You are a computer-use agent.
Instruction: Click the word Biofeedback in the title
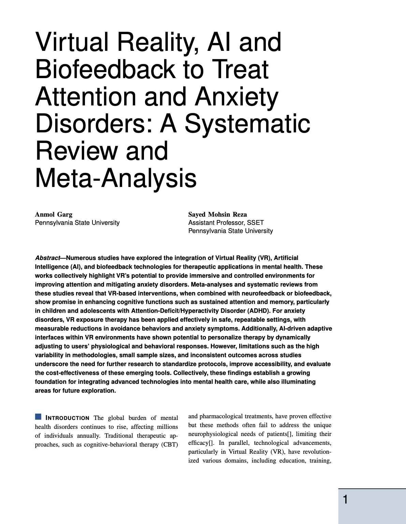click(104, 69)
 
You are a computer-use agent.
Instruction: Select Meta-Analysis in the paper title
click(116, 178)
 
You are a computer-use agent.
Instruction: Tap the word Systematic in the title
click(247, 123)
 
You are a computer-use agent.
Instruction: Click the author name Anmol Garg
click(54, 214)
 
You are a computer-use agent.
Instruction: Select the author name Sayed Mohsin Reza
click(217, 214)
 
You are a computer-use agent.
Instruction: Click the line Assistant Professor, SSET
click(226, 222)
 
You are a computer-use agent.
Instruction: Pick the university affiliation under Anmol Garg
click(77, 222)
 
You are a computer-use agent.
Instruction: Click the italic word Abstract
click(47, 258)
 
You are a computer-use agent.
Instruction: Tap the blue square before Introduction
click(38, 417)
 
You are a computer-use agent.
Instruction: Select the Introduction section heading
click(68, 418)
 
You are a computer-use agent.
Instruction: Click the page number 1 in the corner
click(346, 500)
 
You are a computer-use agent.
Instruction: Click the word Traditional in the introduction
click(119, 436)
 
